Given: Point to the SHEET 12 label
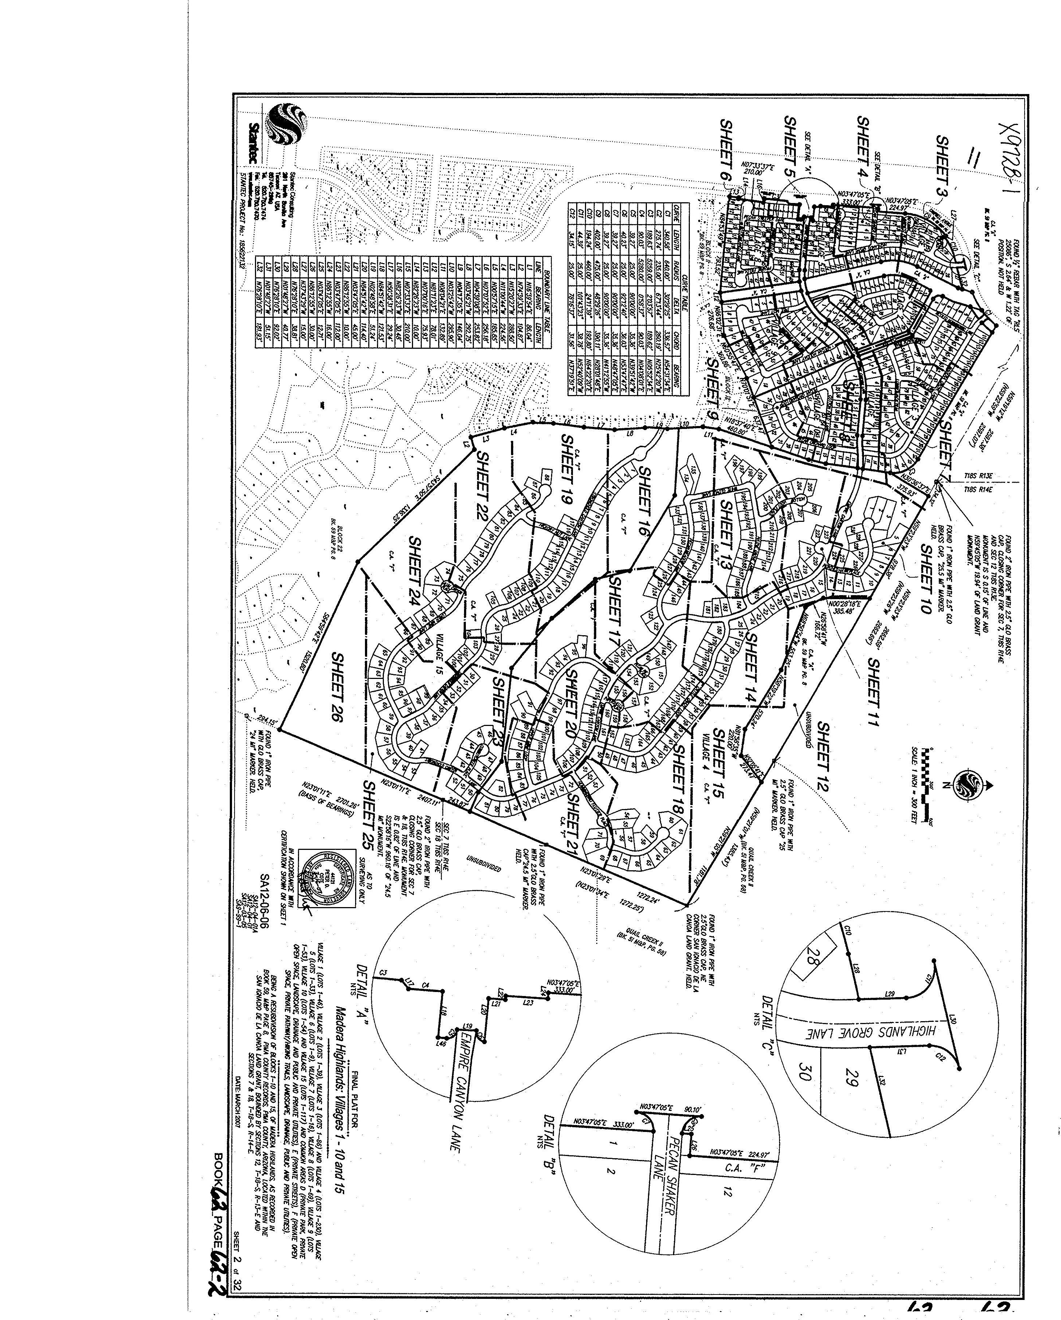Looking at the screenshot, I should point(824,757).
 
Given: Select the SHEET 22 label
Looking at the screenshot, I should point(483,487).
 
